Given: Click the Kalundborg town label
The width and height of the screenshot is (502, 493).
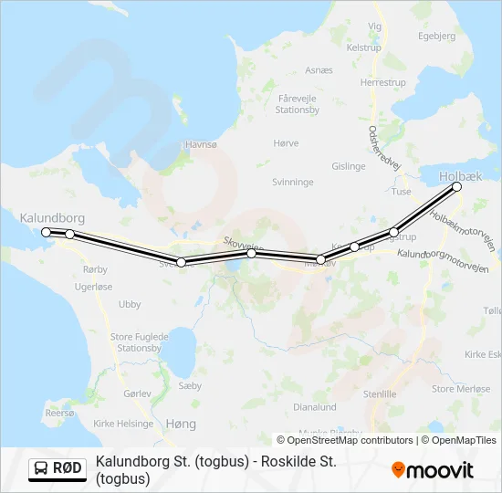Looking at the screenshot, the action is point(52,218).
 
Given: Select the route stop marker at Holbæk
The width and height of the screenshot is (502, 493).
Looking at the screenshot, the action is point(457,187).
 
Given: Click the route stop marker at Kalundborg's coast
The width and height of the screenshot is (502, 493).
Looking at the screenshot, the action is point(47,232).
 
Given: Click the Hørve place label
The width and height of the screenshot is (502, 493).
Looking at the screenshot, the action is point(286,143).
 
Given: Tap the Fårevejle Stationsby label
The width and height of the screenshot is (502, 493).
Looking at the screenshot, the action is point(298,102).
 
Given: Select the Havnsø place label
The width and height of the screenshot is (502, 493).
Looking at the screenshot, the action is point(201,144).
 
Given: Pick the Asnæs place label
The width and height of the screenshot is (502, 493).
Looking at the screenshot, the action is point(319,69).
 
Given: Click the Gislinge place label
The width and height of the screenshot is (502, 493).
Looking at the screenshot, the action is point(349,166).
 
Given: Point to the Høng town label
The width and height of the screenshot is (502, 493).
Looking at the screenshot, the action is point(181,425).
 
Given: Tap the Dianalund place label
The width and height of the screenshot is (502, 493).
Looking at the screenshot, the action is point(315,407).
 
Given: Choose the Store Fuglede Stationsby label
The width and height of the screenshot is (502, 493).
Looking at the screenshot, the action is point(140,342).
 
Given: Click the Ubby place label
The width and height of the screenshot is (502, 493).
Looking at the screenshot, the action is point(130,304).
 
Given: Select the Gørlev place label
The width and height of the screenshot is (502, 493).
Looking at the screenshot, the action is point(136,393).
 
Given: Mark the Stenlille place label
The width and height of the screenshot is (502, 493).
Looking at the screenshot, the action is point(380,394).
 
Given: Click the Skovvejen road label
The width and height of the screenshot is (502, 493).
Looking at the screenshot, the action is point(243,246).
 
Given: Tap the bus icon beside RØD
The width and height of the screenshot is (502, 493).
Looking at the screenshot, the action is point(42,469).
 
